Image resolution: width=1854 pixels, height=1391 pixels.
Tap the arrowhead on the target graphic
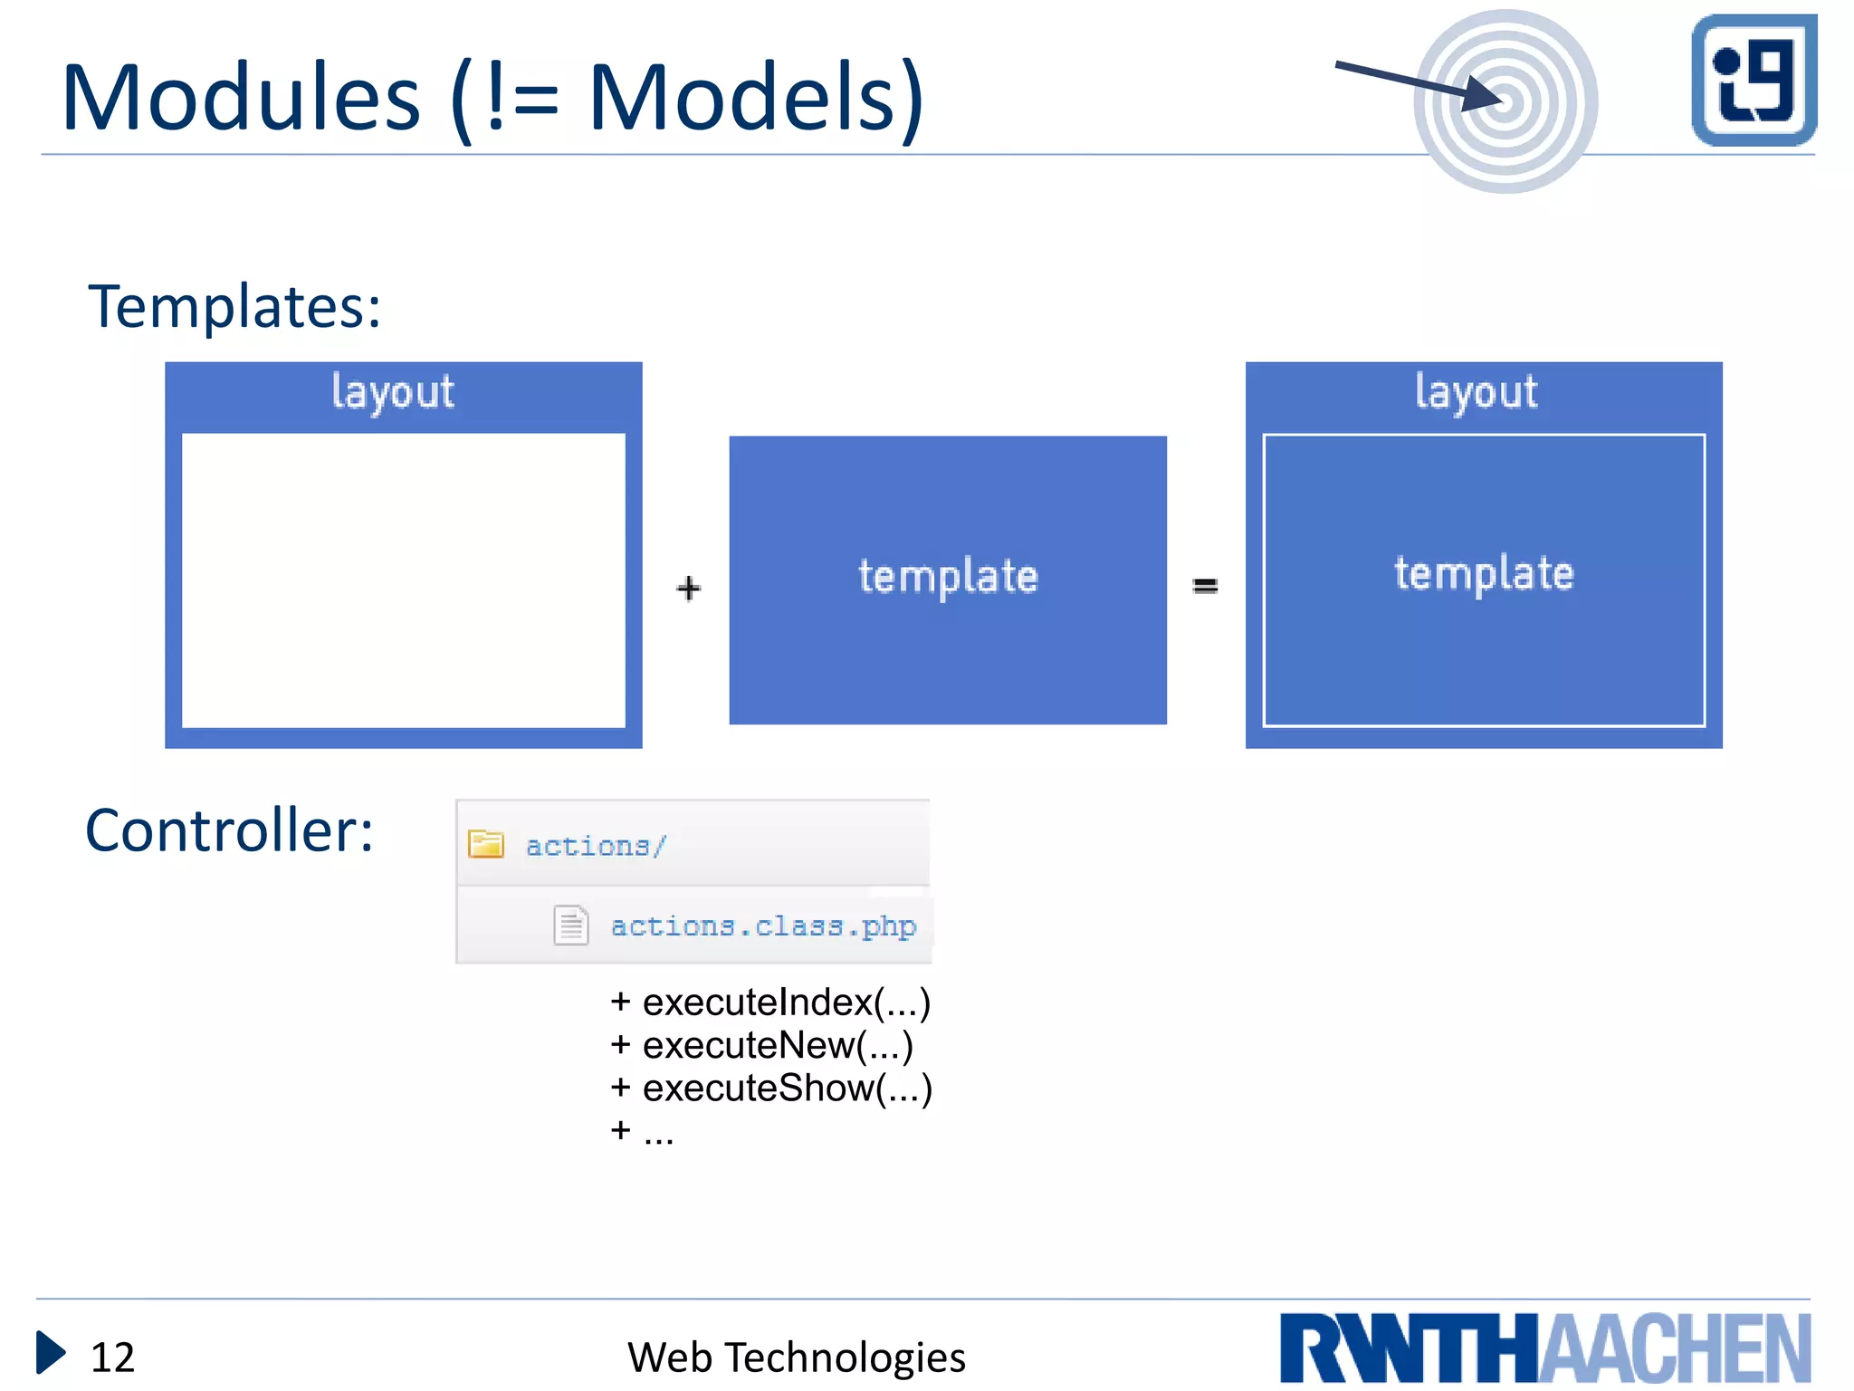click(x=1482, y=93)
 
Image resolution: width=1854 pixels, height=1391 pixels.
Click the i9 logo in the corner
click(x=1754, y=80)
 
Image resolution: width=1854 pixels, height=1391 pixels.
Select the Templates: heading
click(x=234, y=306)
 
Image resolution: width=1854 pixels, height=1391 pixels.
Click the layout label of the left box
click(x=392, y=392)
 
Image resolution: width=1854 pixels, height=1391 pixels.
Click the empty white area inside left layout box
click(x=403, y=580)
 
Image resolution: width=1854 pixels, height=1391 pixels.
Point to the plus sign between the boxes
click(x=688, y=589)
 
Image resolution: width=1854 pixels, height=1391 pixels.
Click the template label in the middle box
click(x=948, y=577)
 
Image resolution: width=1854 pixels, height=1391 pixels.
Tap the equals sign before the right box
click(x=1205, y=587)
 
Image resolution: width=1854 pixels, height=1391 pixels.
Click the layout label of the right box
click(x=1476, y=392)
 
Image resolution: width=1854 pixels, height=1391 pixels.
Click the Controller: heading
click(x=229, y=830)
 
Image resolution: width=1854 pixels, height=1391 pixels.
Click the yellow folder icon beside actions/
click(x=486, y=844)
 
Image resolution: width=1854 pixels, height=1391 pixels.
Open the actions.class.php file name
click(x=763, y=926)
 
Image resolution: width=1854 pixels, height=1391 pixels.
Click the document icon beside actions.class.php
click(x=570, y=926)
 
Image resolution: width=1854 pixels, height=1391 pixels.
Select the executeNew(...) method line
click(x=762, y=1046)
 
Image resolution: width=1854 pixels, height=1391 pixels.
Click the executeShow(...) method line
click(x=771, y=1089)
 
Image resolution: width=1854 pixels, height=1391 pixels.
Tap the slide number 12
click(x=112, y=1357)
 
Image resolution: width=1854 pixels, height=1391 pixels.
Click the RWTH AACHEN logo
click(x=1544, y=1348)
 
